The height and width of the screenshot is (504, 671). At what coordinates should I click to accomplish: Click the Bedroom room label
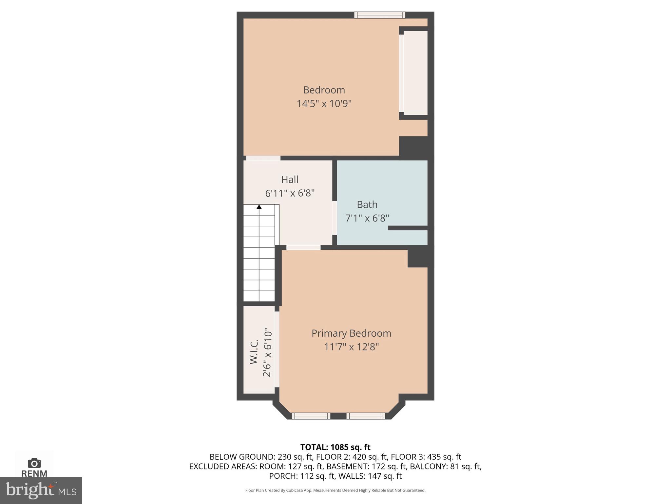coord(324,90)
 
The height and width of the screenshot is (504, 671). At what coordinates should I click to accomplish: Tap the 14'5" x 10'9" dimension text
coord(324,104)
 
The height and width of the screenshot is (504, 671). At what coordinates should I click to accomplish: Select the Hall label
coord(290,179)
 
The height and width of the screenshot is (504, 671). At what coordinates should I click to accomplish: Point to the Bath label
coord(367,204)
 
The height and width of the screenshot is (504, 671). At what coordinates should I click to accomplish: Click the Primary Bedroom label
coord(351,333)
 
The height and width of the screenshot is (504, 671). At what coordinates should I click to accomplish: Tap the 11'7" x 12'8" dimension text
coord(351,347)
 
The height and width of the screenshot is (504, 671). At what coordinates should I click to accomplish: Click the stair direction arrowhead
coord(259,207)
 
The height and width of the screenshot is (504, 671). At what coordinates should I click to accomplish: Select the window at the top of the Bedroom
coord(380,15)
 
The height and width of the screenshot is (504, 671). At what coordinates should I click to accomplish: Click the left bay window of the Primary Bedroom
coord(311,416)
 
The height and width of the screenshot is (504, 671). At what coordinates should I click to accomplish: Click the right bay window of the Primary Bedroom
coord(366,416)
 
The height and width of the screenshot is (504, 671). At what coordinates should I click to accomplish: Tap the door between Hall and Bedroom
coord(263,158)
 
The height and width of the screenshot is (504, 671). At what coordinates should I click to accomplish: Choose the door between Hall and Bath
coord(335,218)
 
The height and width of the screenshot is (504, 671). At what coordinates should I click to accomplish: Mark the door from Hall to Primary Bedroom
coord(303,247)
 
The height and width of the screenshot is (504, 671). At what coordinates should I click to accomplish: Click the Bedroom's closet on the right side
coord(415,73)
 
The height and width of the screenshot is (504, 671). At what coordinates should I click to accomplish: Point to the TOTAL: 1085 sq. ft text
coord(335,447)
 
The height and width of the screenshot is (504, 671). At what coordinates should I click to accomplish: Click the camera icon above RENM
coord(34,463)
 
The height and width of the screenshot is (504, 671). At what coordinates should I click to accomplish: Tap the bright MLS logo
coord(41,490)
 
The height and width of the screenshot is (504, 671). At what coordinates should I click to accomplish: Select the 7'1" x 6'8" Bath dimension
coord(367,218)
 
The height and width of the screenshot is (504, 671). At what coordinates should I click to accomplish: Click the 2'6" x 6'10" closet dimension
coord(267,352)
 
